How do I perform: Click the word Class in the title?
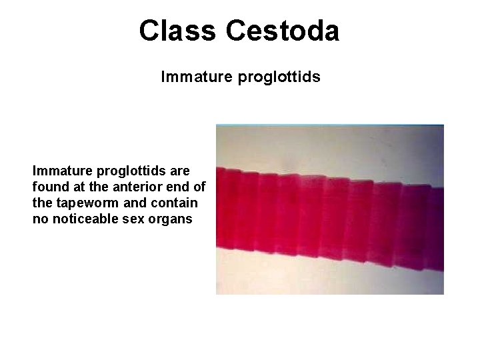pyautogui.click(x=177, y=31)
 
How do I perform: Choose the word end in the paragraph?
pyautogui.click(x=183, y=187)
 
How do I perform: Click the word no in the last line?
pyautogui.click(x=39, y=219)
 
